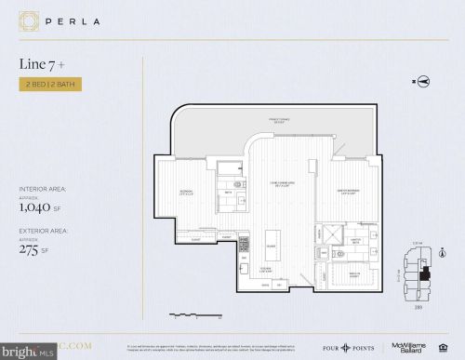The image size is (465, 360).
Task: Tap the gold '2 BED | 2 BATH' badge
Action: tap(49, 85)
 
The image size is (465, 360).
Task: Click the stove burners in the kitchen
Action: tap(244, 245)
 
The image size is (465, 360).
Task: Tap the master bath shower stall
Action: tap(331, 233)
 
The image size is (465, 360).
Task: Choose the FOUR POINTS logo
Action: tap(357, 346)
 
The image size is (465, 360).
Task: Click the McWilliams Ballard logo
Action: tap(408, 346)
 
